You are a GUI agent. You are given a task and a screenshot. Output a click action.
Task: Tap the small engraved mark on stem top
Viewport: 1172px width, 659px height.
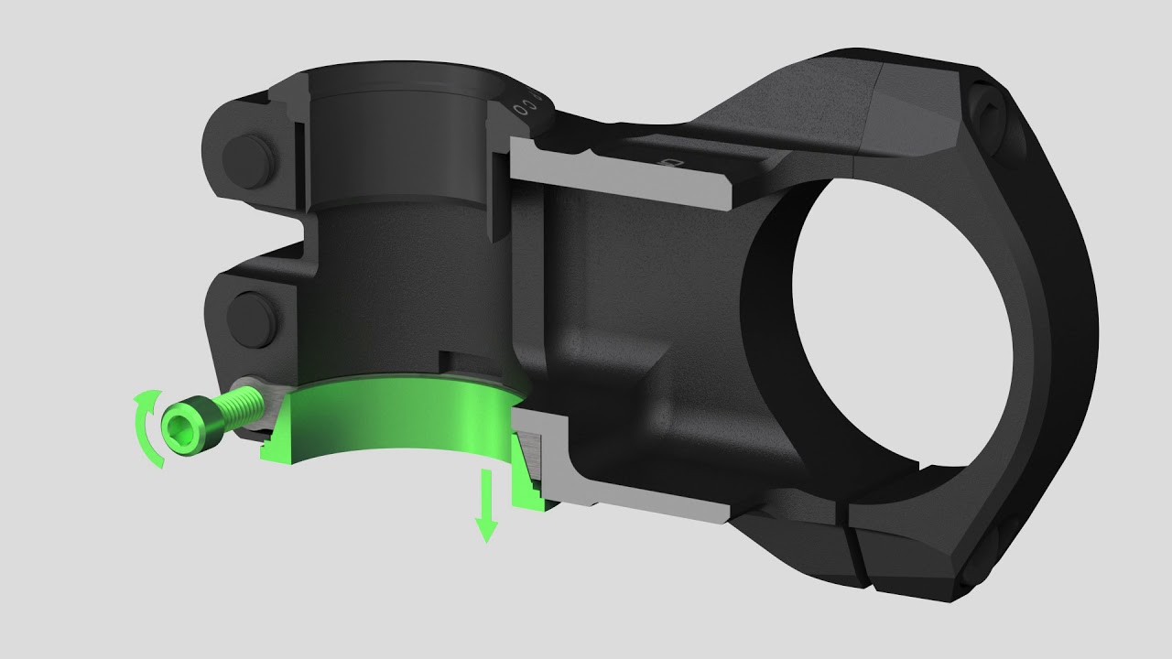click(x=676, y=163)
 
